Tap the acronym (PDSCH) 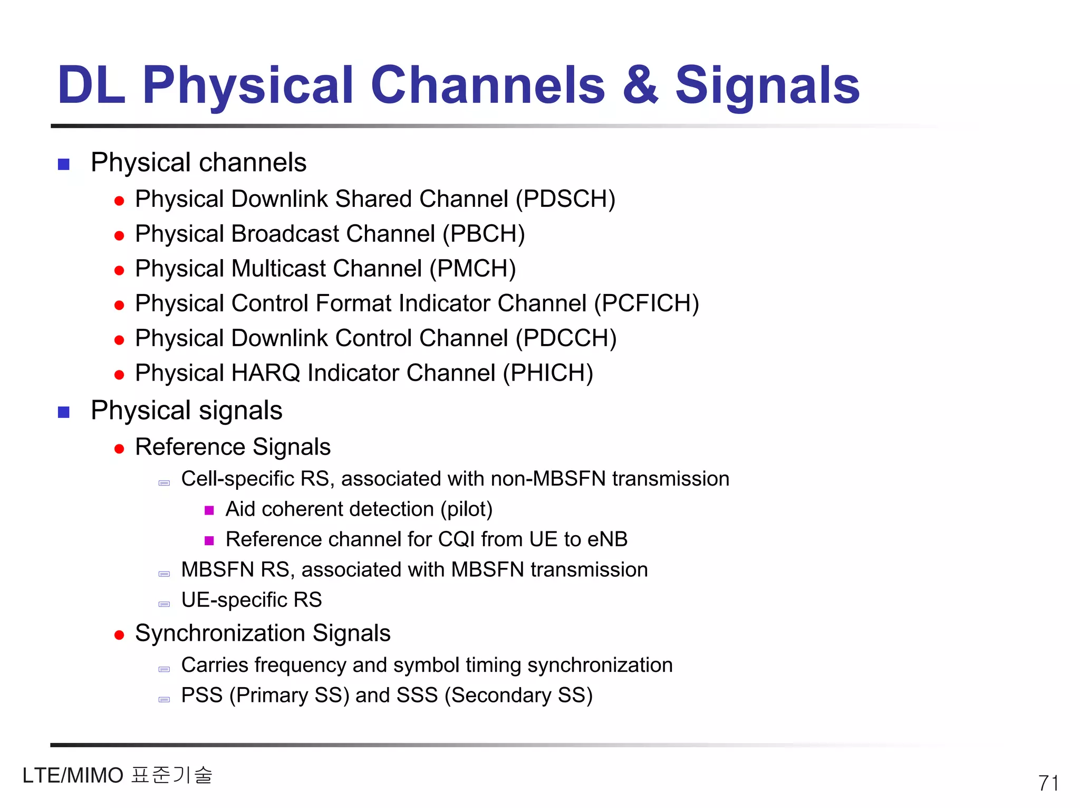[565, 199]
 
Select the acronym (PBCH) [484, 234]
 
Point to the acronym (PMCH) [472, 269]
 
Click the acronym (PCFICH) [647, 304]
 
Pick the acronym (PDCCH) [566, 339]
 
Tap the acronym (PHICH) [548, 374]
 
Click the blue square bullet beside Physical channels [64, 165]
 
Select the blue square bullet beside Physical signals [64, 412]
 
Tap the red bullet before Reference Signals [119, 449]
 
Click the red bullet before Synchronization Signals [119, 635]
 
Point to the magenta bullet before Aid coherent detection [209, 510]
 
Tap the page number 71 [1048, 783]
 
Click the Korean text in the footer [172, 775]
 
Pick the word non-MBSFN [548, 479]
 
